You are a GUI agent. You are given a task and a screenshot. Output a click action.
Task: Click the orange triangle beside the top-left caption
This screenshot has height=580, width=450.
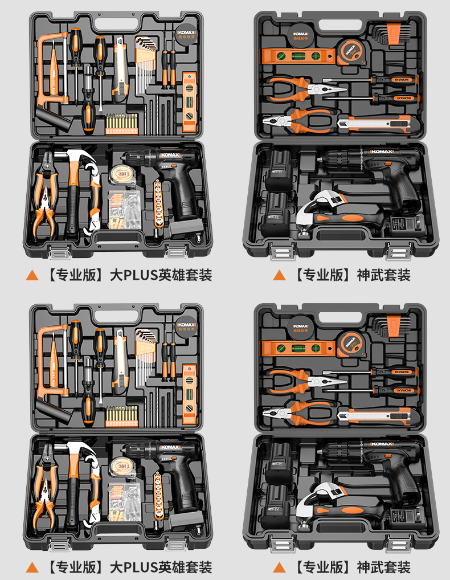coord(32,276)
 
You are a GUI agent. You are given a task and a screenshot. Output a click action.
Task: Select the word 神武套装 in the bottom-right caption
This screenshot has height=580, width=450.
coord(383,567)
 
